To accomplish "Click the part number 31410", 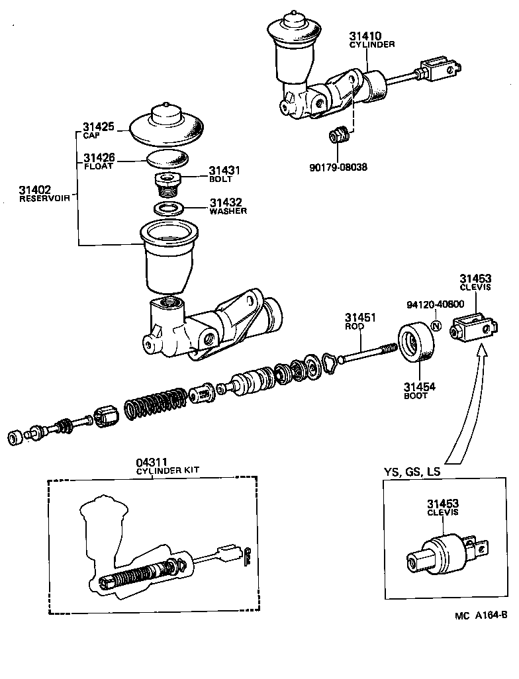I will click(363, 36).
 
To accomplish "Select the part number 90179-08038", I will click(338, 167).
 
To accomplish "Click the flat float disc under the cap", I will click(166, 159).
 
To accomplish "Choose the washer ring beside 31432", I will click(169, 208).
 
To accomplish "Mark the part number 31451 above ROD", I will click(359, 318).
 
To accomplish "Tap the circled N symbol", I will click(436, 326).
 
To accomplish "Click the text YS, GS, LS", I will click(412, 472).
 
